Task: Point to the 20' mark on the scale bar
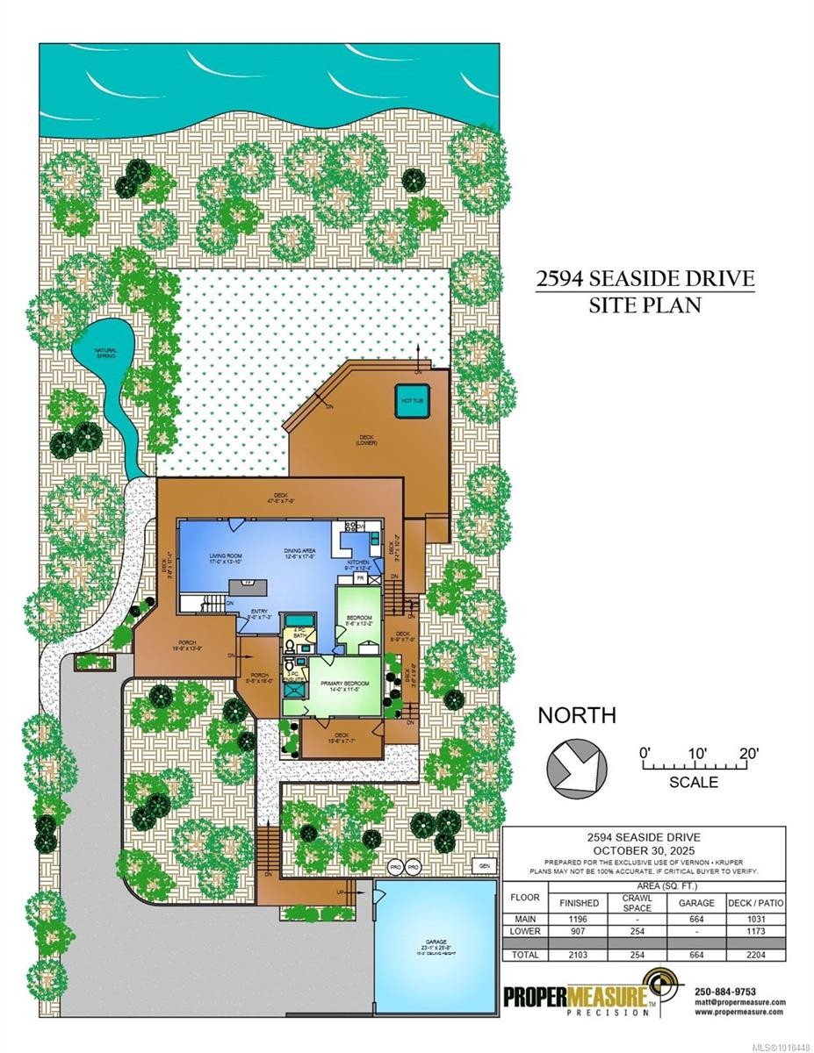[747, 753]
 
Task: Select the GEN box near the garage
[480, 865]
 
